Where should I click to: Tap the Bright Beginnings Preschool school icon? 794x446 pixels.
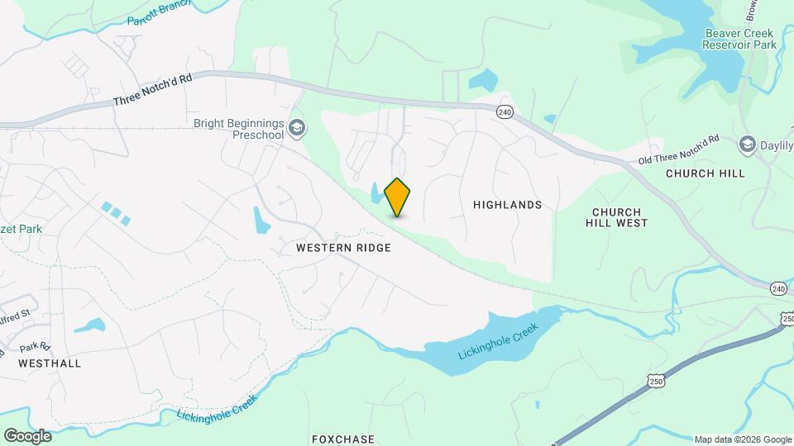[x=297, y=129]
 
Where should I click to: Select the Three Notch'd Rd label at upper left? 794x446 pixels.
[x=153, y=89]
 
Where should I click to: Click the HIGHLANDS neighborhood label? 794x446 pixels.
[x=508, y=205]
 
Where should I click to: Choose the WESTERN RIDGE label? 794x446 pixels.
[x=343, y=248]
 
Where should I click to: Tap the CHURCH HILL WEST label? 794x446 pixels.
[x=616, y=217]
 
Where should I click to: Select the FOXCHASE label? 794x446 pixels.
[x=343, y=439]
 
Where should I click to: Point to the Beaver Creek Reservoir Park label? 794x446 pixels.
[x=739, y=39]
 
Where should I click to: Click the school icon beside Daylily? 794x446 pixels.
[x=748, y=145]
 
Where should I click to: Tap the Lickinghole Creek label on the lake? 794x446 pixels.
[x=498, y=340]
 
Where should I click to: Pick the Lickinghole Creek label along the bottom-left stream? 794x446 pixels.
[x=217, y=408]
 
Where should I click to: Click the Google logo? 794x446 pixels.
[x=27, y=436]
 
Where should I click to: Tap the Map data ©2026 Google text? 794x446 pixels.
[x=742, y=439]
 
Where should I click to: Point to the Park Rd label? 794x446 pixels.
[x=36, y=347]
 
